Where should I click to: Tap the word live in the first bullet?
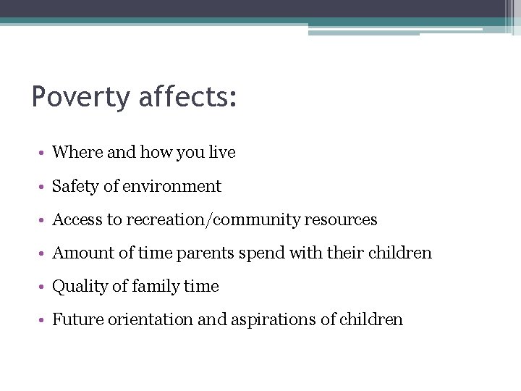click(222, 153)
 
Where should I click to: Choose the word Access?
click(75, 219)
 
